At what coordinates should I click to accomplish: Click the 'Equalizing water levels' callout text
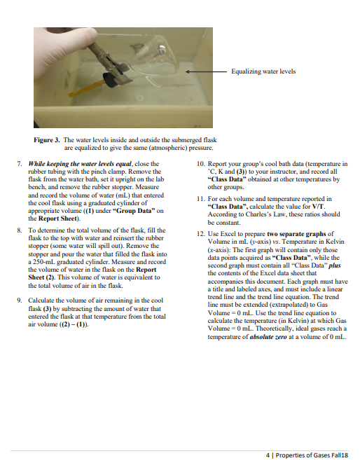[x=263, y=71]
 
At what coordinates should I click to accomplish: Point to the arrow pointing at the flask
[x=206, y=71]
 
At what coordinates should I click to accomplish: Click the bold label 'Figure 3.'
[x=47, y=140]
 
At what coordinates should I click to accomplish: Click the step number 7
[x=20, y=164]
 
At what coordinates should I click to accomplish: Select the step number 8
[x=20, y=230]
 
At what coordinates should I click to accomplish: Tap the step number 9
[x=20, y=300]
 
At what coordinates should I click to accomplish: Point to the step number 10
[x=201, y=164]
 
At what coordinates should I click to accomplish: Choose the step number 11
[x=201, y=199]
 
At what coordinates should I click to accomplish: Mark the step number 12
[x=201, y=234]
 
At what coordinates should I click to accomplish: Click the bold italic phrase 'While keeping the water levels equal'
[x=80, y=164]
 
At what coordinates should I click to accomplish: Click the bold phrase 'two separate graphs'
[x=296, y=234]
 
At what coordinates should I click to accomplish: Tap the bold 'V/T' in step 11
[x=318, y=207]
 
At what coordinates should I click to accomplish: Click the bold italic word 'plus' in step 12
[x=335, y=265]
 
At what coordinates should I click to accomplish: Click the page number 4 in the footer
[x=268, y=455]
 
